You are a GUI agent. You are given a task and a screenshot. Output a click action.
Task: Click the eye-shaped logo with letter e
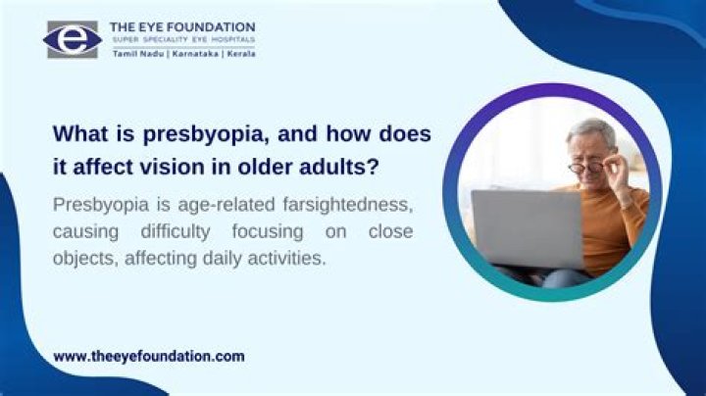[72, 38]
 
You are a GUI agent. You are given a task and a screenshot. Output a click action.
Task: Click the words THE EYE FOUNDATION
[183, 26]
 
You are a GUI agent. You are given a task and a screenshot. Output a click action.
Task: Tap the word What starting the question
[79, 132]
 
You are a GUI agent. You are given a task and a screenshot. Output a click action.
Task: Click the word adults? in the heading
[340, 164]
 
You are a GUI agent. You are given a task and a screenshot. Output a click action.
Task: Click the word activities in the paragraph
[291, 261]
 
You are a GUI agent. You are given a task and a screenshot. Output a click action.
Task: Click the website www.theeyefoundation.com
[148, 357]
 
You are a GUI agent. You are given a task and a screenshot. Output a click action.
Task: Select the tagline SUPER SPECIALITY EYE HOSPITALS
[182, 40]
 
